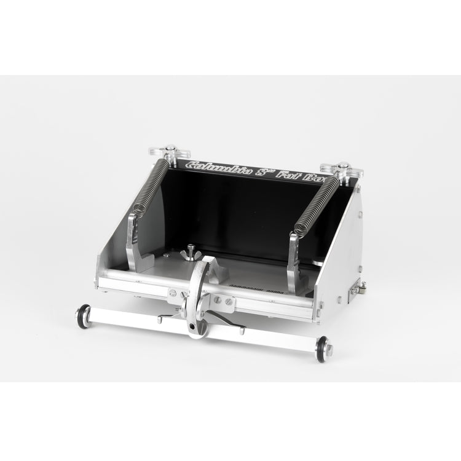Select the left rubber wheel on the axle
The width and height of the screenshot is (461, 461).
[x=83, y=315]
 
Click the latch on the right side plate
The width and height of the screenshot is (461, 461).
[x=355, y=289]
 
